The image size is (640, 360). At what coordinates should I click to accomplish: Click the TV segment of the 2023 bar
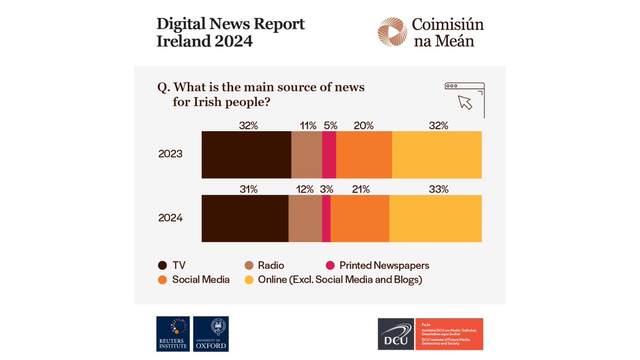click(246, 155)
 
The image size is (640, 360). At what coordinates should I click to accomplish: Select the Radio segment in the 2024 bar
click(305, 219)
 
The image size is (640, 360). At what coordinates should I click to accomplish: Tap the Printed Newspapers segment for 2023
click(329, 155)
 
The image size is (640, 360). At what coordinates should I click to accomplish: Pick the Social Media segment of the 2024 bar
click(360, 219)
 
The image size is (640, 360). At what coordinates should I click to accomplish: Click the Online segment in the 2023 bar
click(437, 155)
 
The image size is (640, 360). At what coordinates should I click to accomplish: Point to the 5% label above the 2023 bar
click(331, 126)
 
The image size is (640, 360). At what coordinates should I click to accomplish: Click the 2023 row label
click(170, 154)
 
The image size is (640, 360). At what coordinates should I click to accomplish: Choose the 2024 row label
click(170, 218)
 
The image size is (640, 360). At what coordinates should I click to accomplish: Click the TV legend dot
click(163, 266)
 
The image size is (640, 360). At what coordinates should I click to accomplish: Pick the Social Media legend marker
click(163, 279)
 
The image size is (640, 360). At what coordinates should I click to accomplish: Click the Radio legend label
click(271, 266)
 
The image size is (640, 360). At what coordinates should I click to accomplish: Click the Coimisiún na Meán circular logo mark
click(392, 32)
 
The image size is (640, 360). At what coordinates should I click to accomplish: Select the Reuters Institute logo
click(172, 333)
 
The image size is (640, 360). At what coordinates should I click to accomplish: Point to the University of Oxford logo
click(211, 333)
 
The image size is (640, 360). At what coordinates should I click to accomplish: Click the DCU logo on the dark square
click(396, 334)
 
